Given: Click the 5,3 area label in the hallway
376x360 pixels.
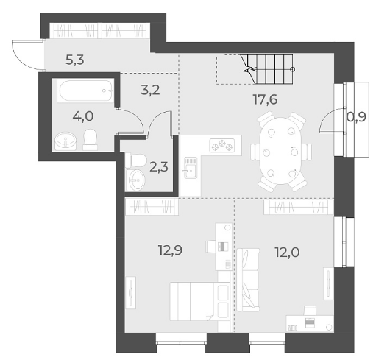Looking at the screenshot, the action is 75,60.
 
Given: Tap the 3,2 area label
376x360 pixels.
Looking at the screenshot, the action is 150,90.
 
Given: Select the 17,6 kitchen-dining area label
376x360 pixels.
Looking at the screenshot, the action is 265,100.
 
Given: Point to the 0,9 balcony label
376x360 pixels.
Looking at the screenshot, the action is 356,117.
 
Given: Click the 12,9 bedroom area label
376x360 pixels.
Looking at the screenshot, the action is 170,250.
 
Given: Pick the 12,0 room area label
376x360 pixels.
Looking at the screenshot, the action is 287,253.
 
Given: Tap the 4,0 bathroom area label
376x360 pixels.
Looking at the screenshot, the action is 83,116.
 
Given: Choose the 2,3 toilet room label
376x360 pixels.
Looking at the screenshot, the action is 159,167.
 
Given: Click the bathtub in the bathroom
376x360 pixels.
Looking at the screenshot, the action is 85,91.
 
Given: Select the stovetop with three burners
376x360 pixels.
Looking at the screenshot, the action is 222,145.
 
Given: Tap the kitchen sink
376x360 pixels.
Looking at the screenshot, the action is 191,168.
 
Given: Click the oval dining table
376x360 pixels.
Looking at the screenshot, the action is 281,151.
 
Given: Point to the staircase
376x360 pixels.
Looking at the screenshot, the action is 268,69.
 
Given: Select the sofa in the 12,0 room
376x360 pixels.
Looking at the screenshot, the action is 248,280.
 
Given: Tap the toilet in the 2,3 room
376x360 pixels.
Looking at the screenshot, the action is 135,160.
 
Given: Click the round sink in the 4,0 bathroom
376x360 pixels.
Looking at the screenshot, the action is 65,141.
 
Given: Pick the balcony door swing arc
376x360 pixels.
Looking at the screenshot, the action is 325,119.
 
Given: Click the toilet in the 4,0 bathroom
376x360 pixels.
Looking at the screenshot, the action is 90,139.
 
